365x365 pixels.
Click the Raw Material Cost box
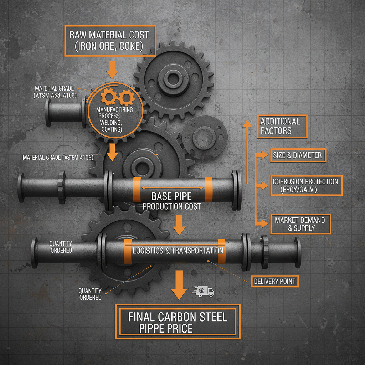tap(110, 41)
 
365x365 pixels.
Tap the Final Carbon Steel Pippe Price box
tap(178, 322)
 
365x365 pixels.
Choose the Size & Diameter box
tap(298, 155)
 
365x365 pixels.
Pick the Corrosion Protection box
tap(306, 185)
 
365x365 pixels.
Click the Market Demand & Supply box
tap(300, 224)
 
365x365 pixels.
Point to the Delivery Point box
tap(274, 281)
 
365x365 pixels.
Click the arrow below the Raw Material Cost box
tap(112, 69)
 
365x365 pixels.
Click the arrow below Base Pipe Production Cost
tap(179, 225)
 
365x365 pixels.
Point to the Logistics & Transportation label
tap(178, 251)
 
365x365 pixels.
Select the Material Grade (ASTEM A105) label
tap(58, 157)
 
